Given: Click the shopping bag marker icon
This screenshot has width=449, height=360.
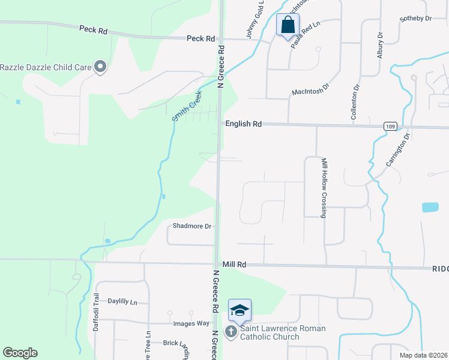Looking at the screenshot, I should click(288, 25).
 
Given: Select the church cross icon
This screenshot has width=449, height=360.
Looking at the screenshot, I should click(231, 332).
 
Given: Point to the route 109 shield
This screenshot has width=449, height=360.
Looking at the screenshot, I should click(391, 126).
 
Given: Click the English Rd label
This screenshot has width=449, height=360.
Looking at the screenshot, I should click(244, 124).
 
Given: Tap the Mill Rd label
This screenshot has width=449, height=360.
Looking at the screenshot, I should click(234, 264).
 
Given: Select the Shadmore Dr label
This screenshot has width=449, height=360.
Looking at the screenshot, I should click(192, 226).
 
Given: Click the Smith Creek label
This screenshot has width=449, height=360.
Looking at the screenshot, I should click(187, 106).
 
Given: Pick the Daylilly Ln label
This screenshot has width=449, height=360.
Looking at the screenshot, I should click(122, 301).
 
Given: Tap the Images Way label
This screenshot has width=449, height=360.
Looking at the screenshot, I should click(191, 324).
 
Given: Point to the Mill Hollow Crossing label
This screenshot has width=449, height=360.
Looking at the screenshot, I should click(324, 188).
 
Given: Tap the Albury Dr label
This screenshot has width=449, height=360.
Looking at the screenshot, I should click(379, 44).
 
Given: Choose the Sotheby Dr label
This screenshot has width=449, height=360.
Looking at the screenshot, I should click(415, 19).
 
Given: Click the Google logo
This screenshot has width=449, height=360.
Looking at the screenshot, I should click(20, 353).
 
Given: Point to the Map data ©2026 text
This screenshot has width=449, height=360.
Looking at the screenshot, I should click(423, 355).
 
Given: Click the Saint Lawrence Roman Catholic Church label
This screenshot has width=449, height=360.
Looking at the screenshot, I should click(283, 332).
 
